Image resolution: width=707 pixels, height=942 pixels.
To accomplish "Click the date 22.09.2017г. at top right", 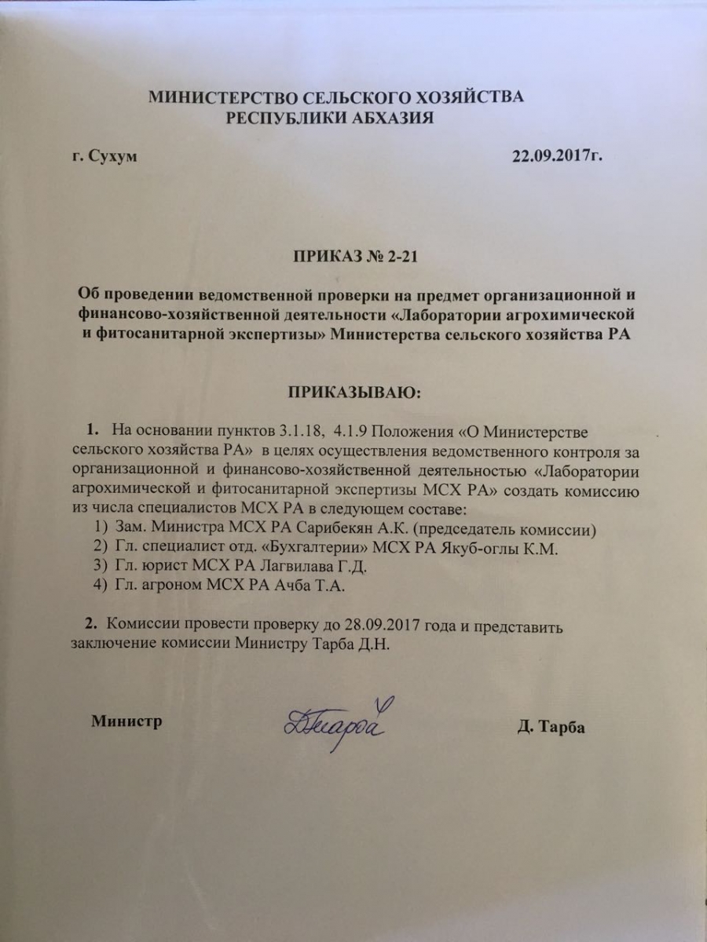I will click(557, 156).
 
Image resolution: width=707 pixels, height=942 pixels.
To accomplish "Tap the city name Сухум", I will click(111, 156).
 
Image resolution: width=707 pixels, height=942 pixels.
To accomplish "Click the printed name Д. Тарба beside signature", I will click(551, 727).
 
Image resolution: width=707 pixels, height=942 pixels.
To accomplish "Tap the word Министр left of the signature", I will click(126, 721).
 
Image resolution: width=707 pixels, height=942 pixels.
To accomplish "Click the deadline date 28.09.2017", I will click(383, 626).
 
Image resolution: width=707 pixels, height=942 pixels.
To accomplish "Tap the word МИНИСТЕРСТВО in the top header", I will click(215, 97).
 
